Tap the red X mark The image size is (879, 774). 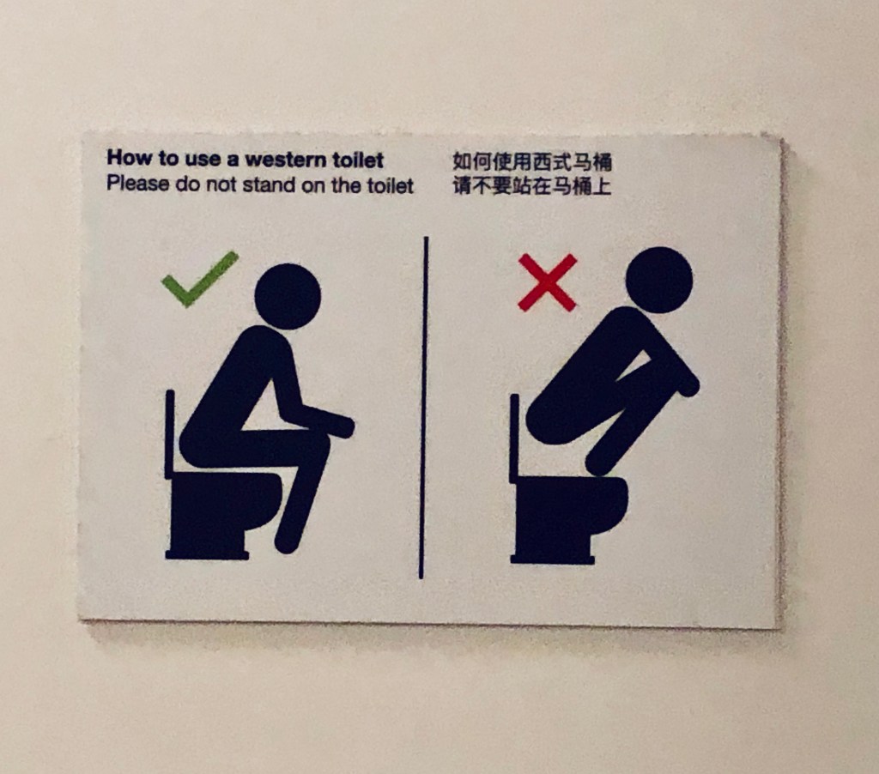click(547, 282)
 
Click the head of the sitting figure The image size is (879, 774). click(288, 297)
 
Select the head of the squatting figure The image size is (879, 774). click(659, 280)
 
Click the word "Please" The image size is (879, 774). click(138, 184)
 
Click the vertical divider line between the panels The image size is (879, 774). click(423, 408)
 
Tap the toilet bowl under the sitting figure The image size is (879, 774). click(223, 516)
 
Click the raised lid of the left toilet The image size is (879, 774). click(170, 434)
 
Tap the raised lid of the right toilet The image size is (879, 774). click(514, 438)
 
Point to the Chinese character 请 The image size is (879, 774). click(462, 186)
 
